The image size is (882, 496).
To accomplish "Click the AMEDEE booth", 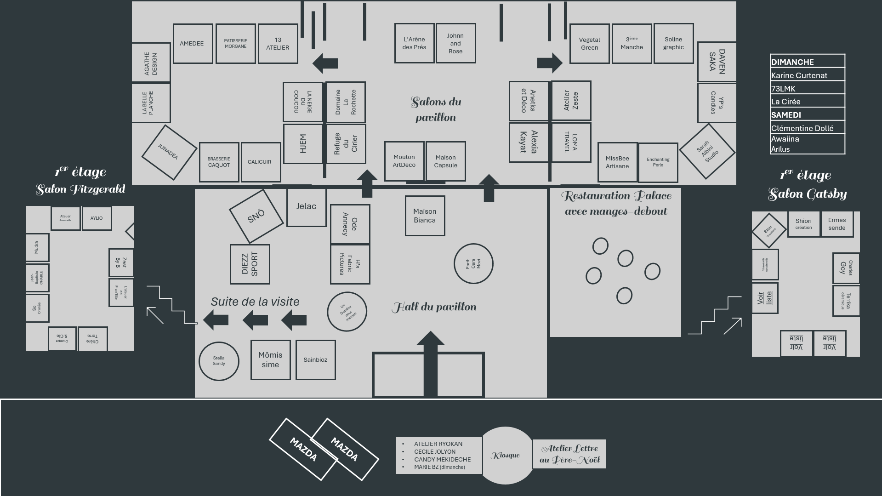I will (192, 44).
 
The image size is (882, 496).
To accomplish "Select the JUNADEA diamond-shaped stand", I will (169, 152).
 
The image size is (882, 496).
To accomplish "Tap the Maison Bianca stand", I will (425, 216).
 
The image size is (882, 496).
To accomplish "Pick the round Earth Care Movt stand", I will (473, 264).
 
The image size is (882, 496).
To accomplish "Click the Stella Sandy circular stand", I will (219, 361).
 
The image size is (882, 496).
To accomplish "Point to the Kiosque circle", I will (506, 455).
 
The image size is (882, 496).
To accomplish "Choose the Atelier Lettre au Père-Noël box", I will (569, 454).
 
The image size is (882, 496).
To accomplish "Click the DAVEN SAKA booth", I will (717, 62).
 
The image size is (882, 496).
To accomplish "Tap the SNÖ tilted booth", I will (256, 216).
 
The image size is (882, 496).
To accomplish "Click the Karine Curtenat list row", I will (807, 75).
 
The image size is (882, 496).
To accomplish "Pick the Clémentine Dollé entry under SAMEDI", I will (807, 128).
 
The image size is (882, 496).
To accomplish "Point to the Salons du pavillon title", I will (436, 109).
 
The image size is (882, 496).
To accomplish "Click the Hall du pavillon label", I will (434, 307).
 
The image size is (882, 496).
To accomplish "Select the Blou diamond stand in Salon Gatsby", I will (769, 230).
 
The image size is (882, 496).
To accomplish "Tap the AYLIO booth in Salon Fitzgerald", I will (97, 218).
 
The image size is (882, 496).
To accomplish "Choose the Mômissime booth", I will (270, 360).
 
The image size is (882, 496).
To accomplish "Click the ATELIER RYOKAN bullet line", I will (438, 444).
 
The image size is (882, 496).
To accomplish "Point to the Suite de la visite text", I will (255, 302).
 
